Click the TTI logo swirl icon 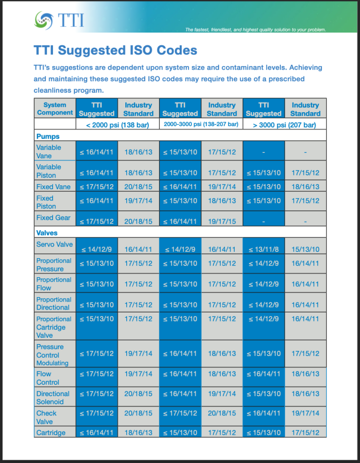pyautogui.click(x=44, y=20)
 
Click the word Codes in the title pyautogui.click(x=177, y=50)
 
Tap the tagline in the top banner pyautogui.click(x=256, y=29)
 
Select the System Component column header pyautogui.click(x=55, y=109)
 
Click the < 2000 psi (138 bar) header pyautogui.click(x=118, y=125)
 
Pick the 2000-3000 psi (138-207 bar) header pyautogui.click(x=201, y=124)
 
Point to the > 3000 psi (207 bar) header pyautogui.click(x=284, y=125)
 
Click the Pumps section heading pyautogui.click(x=48, y=137)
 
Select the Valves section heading pyautogui.click(x=47, y=233)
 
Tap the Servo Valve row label pyautogui.click(x=54, y=245)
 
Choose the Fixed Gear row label pyautogui.click(x=53, y=217)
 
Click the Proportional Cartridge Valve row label pyautogui.click(x=54, y=327)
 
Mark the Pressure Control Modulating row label pyautogui.click(x=52, y=355)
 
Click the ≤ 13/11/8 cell pyautogui.click(x=263, y=250)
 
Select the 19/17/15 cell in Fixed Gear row pyautogui.click(x=222, y=222)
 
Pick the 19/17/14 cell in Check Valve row pyautogui.click(x=305, y=413)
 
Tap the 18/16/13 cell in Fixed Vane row pyautogui.click(x=305, y=187)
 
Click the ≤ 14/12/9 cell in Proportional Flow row pyautogui.click(x=263, y=284)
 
